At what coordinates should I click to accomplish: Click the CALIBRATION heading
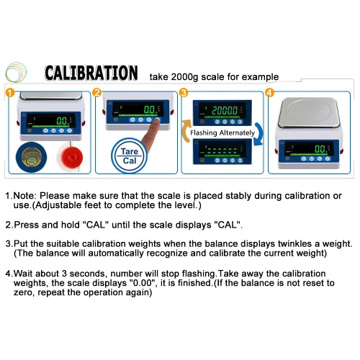tap(91, 73)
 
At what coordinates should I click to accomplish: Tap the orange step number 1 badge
tap(10, 93)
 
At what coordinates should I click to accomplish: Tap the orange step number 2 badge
tap(97, 93)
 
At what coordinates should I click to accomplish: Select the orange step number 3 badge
tap(184, 93)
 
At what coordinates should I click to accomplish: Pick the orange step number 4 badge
tap(270, 93)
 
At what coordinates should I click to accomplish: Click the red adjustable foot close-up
tap(70, 157)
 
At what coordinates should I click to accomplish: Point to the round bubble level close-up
tap(31, 157)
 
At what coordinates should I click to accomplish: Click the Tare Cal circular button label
tap(130, 156)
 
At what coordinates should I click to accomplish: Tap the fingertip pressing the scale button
tap(157, 123)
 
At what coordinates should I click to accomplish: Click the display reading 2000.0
tap(225, 110)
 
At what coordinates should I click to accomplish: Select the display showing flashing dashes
tap(222, 150)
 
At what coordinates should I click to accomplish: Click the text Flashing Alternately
tap(222, 132)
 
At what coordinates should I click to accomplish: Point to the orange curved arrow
tap(186, 131)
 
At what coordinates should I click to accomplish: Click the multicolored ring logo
tap(16, 72)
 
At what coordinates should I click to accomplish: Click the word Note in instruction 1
tap(24, 196)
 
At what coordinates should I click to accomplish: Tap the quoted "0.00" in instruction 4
tap(143, 283)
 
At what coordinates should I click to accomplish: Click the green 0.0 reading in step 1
tap(63, 120)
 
